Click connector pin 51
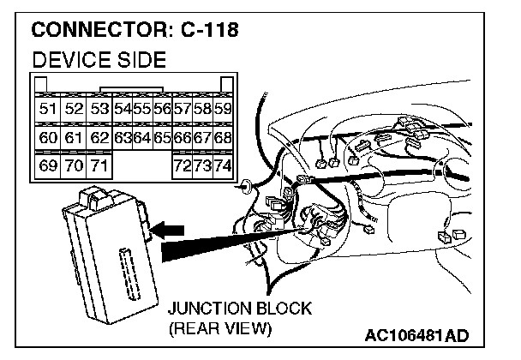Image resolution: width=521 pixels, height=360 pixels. click(x=48, y=109)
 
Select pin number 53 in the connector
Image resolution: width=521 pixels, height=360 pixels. click(x=99, y=109)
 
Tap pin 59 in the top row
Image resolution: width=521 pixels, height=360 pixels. click(x=223, y=109)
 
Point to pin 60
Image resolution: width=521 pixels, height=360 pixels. click(x=48, y=137)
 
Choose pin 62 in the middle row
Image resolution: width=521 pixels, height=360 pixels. click(x=99, y=137)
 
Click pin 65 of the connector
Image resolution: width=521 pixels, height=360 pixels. click(x=161, y=137)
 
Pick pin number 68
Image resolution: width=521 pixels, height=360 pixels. click(x=223, y=137)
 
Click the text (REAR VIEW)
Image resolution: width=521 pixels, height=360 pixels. click(x=220, y=327)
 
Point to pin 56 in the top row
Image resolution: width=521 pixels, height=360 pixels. click(x=161, y=109)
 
